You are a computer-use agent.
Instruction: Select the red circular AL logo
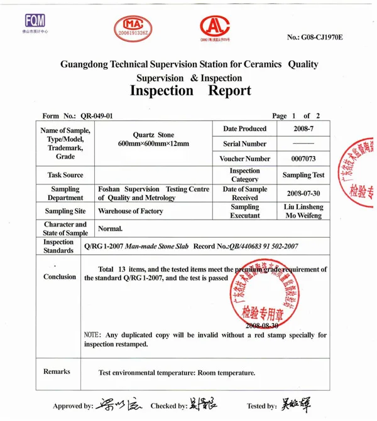click(214, 27)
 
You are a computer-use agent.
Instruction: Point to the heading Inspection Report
click(190, 90)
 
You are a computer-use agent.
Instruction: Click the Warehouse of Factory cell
click(130, 211)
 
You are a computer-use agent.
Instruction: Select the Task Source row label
click(65, 175)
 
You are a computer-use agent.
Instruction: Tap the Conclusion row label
click(60, 277)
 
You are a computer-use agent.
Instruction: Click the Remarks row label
click(57, 372)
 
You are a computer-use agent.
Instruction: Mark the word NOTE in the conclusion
click(92, 335)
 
